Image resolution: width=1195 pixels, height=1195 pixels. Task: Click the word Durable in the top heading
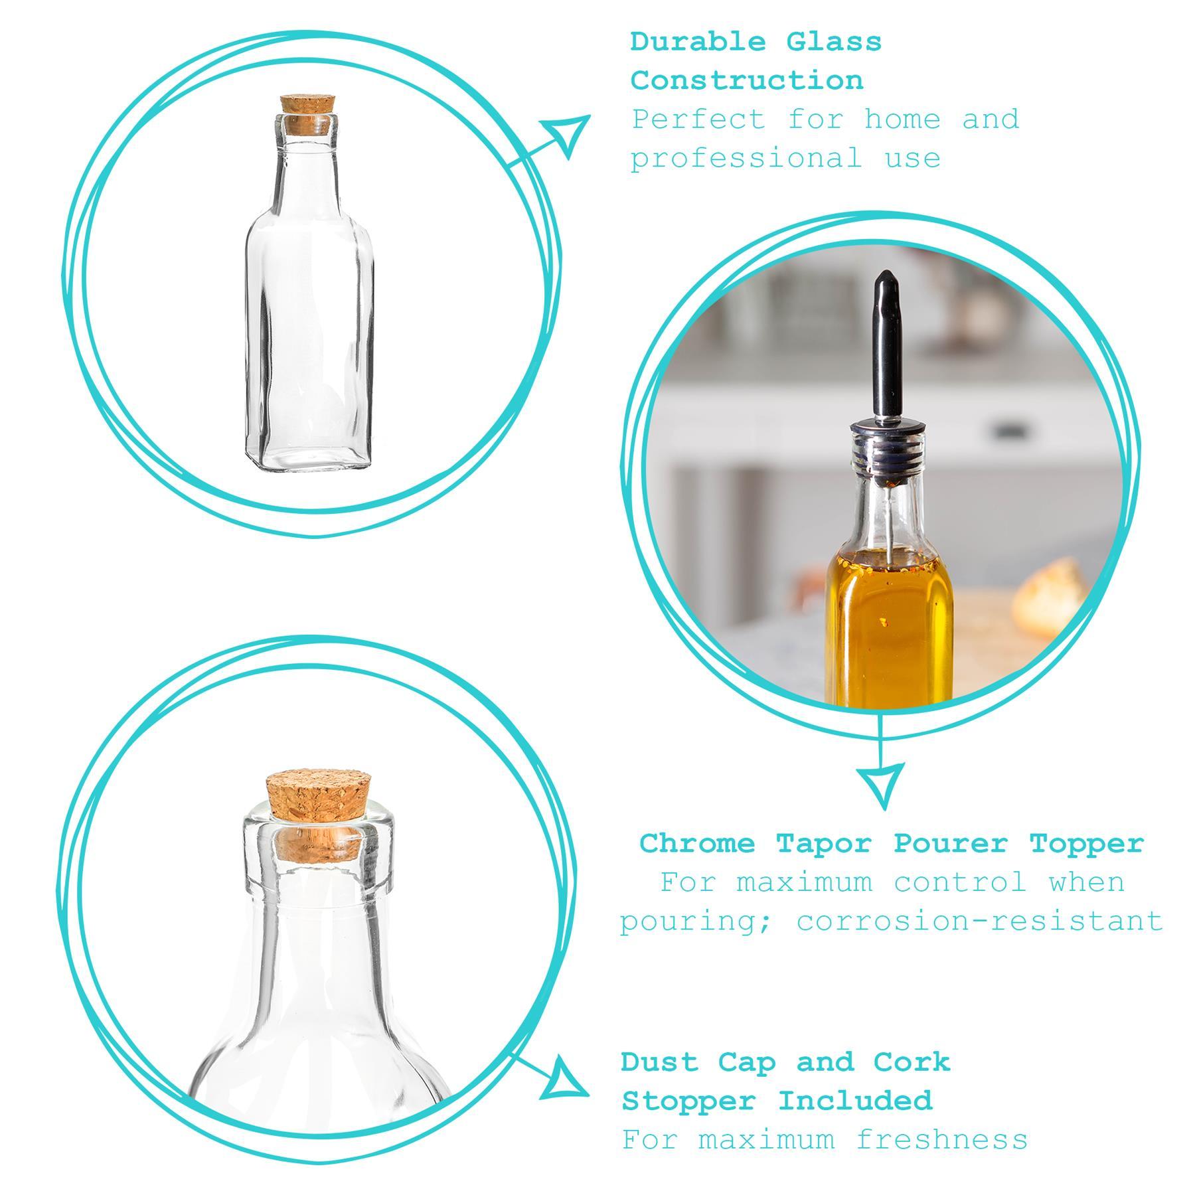[x=697, y=42]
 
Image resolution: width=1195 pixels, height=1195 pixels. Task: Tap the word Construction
[x=747, y=81]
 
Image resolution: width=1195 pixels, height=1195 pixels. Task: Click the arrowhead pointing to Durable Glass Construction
[x=568, y=133]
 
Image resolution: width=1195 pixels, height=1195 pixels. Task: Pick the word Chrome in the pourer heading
[x=697, y=844]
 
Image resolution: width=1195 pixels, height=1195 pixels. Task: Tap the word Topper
[x=1087, y=844]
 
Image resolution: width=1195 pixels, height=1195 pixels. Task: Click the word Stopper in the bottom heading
[x=688, y=1101]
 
